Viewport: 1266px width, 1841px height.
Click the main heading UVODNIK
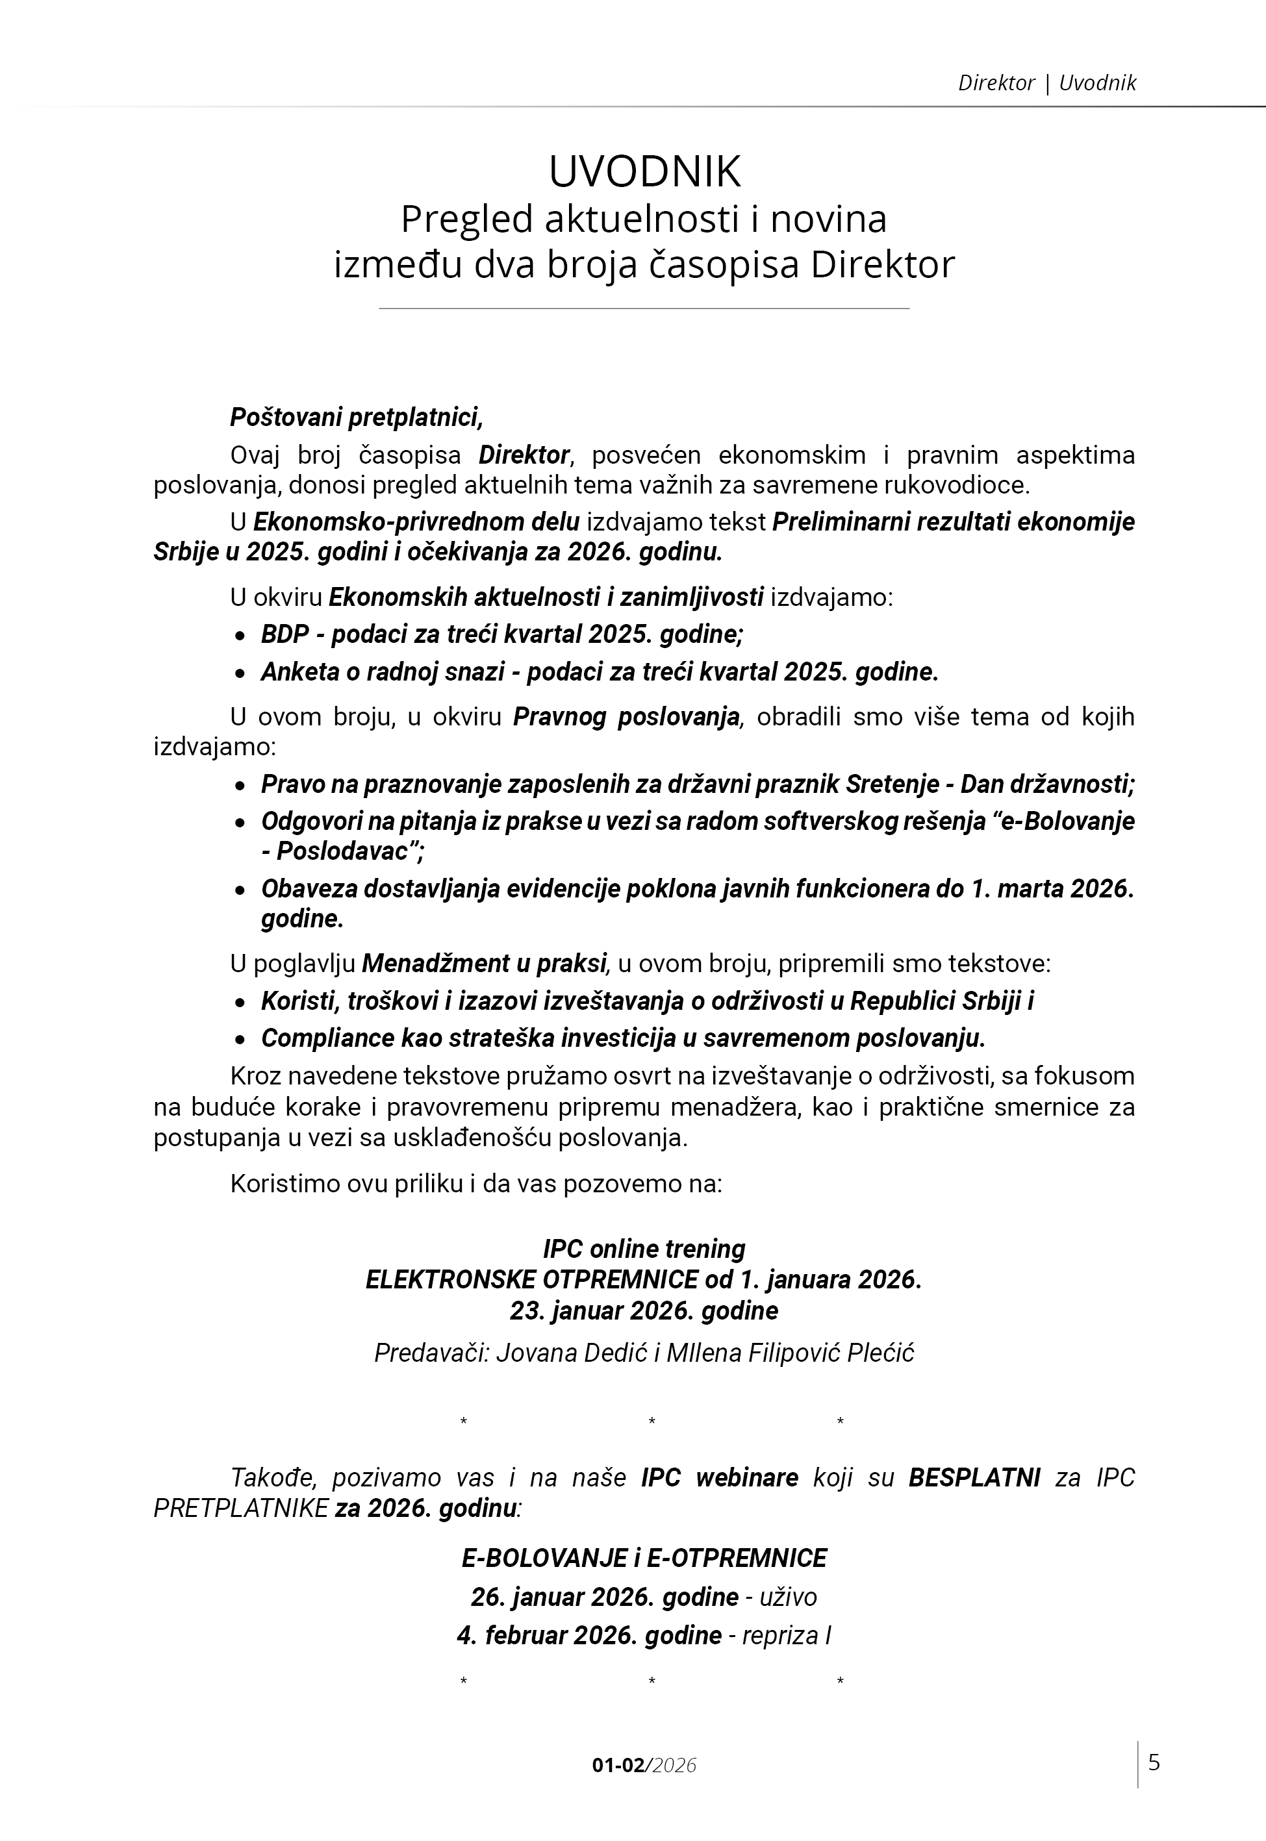click(x=644, y=171)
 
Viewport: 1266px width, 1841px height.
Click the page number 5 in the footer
click(x=1154, y=1762)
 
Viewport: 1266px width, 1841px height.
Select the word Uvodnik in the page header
click(x=1097, y=82)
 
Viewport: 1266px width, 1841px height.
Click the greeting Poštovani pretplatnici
click(x=356, y=416)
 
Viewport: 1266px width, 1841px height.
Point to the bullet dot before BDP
click(x=240, y=636)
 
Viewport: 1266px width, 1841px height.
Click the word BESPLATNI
click(x=973, y=1478)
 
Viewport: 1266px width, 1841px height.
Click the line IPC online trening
click(x=644, y=1249)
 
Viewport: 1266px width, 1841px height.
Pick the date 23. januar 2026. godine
click(x=644, y=1310)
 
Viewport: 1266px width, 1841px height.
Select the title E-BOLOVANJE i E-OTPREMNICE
click(x=644, y=1558)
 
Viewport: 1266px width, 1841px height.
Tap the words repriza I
click(x=786, y=1635)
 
